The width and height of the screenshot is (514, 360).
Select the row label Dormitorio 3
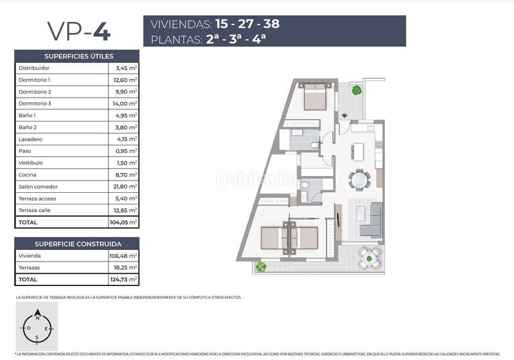click(35, 104)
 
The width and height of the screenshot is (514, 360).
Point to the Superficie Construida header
click(77, 244)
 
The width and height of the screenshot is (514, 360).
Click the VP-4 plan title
click(77, 31)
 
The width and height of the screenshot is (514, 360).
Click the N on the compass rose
click(37, 318)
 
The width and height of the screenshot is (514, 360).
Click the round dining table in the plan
click(359, 179)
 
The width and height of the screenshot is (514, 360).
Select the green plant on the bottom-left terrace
click(261, 267)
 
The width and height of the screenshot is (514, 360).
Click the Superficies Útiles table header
click(77, 56)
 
